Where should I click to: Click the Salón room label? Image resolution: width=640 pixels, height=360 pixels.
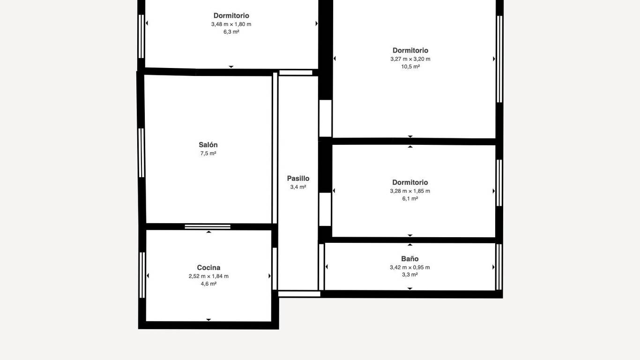point(208,145)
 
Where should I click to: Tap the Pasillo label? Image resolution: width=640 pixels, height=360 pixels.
point(298,179)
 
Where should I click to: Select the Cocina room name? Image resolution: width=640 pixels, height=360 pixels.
point(208,268)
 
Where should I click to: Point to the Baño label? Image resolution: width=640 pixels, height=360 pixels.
point(409,259)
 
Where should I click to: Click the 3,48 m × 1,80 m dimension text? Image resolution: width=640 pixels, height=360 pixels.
point(231,24)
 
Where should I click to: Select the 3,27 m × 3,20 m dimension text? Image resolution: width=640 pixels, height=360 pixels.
point(410,59)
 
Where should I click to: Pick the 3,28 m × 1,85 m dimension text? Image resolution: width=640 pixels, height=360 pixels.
point(410,191)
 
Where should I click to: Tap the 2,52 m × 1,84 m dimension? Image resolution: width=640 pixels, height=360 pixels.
point(208,276)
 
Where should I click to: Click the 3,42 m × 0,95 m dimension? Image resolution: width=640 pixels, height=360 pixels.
point(409,267)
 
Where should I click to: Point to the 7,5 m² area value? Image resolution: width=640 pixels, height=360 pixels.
point(208,153)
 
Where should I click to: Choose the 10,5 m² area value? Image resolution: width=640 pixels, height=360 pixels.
point(410,67)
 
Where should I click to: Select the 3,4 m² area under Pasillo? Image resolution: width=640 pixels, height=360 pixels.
point(298,187)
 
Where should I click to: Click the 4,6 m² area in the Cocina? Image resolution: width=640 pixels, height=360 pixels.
point(208,284)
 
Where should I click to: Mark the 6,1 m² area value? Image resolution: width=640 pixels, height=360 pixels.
point(410,198)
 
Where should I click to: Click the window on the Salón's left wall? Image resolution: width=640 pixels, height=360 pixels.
point(141,153)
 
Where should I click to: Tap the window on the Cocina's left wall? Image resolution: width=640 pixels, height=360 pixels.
point(142,275)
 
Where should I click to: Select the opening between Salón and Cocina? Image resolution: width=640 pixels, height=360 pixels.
point(208,227)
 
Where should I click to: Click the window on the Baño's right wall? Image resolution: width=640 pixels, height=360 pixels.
point(499,267)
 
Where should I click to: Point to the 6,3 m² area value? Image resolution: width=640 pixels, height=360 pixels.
point(231,32)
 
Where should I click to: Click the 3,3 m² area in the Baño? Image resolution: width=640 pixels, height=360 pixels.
point(409,275)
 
